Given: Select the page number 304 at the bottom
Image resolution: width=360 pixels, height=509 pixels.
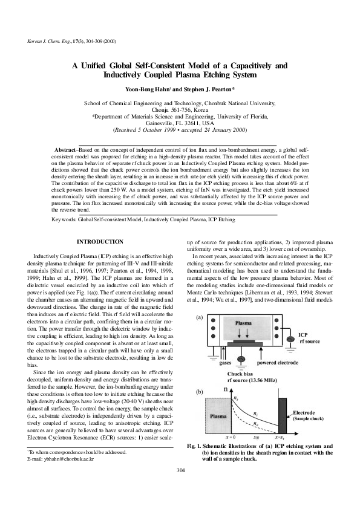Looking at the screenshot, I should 180,487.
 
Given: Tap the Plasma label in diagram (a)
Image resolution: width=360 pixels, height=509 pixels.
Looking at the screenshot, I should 243,323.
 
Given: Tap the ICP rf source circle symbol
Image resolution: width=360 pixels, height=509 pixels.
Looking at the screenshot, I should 289,341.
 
